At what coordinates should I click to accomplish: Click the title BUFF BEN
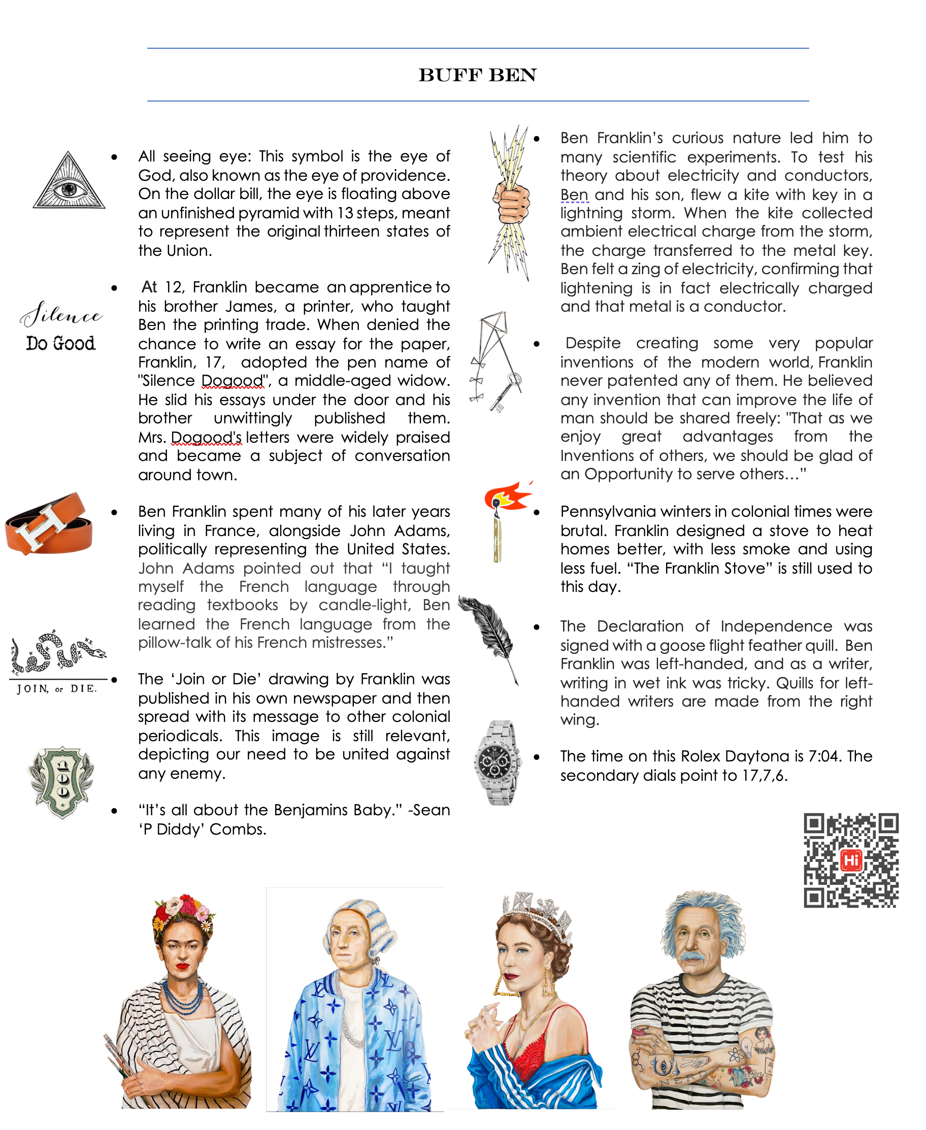(477, 75)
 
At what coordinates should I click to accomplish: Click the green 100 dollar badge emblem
(62, 782)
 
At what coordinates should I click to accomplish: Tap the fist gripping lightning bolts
(511, 203)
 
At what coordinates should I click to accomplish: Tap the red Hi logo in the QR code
(851, 859)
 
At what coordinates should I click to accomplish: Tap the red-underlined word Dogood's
(206, 437)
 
